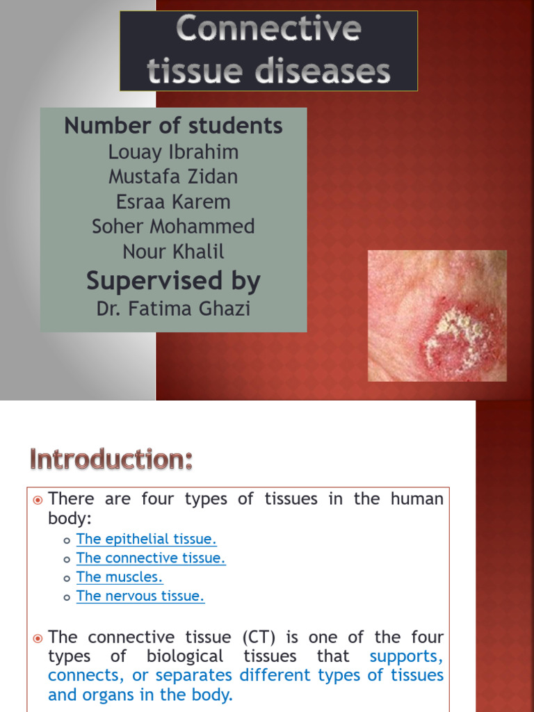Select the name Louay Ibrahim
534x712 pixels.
pyautogui.click(x=173, y=152)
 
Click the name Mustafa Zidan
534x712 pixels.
pyautogui.click(x=173, y=177)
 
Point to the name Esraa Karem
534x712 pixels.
pyautogui.click(x=173, y=202)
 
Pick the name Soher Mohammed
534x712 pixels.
pyautogui.click(x=173, y=227)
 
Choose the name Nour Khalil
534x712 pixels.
pyautogui.click(x=173, y=251)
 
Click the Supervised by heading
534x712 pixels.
pyautogui.click(x=173, y=281)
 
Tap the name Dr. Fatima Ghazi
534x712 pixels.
pyautogui.click(x=173, y=308)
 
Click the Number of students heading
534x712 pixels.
pyautogui.click(x=173, y=126)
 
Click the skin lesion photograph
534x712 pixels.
pyautogui.click(x=437, y=316)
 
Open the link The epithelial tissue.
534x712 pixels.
pyautogui.click(x=147, y=539)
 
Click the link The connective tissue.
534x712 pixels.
pyautogui.click(x=151, y=558)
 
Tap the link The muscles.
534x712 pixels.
pyautogui.click(x=120, y=577)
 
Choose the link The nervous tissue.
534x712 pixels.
pyautogui.click(x=140, y=596)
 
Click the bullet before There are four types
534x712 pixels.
pyautogui.click(x=38, y=500)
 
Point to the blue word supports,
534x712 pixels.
pyautogui.click(x=406, y=656)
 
